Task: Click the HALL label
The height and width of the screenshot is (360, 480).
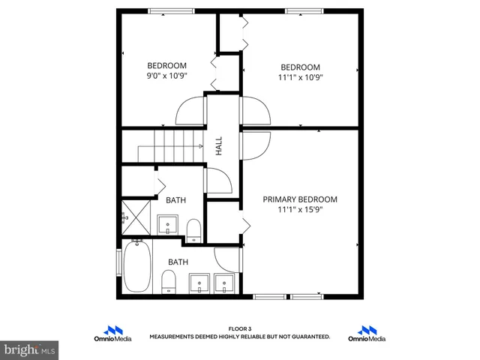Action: pyautogui.click(x=219, y=145)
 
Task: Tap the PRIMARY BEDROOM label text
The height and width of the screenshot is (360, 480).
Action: pyautogui.click(x=299, y=199)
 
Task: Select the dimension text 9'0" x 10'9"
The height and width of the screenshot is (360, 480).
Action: pyautogui.click(x=166, y=76)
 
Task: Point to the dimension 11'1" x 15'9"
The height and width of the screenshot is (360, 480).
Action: pyautogui.click(x=299, y=211)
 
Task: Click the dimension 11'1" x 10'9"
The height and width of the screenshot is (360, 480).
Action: pyautogui.click(x=300, y=77)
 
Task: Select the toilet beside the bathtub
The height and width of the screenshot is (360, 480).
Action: pyautogui.click(x=169, y=281)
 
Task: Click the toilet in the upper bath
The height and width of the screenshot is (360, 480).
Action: pyautogui.click(x=193, y=229)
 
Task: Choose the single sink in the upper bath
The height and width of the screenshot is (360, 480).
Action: pyautogui.click(x=167, y=224)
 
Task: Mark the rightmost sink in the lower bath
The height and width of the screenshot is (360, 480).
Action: pyautogui.click(x=224, y=283)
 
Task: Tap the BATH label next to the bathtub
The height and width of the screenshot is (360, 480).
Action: pyautogui.click(x=178, y=262)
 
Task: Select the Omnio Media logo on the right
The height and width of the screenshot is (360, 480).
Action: pyautogui.click(x=367, y=334)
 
